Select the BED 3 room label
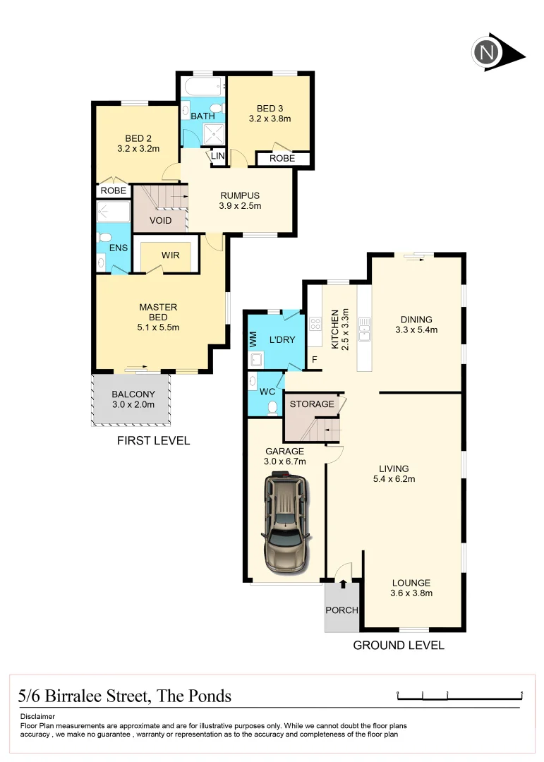coord(270,108)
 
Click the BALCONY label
coord(133,394)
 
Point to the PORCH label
coord(341,610)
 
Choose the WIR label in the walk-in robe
coord(170,255)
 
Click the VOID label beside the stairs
coord(161,221)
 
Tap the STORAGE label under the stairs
coord(311,404)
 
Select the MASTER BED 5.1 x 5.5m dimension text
coord(158,327)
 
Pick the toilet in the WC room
coord(272,407)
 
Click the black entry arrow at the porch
coord(344,583)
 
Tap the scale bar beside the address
coord(459,696)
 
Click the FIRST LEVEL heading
coord(153,441)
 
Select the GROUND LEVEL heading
coord(399,645)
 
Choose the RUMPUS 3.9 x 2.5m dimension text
coord(240,207)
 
